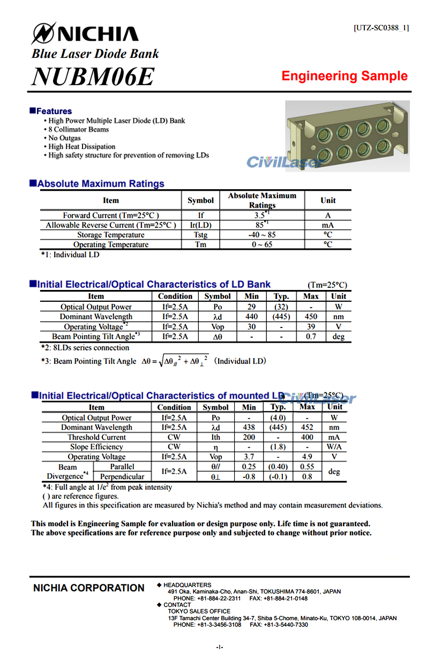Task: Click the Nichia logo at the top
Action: [x=85, y=34]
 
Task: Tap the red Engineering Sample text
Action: [x=345, y=76]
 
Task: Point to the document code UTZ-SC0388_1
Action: [x=381, y=28]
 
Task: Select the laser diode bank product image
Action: [x=347, y=136]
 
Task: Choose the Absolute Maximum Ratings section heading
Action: [x=101, y=184]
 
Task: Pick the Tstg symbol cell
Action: [x=200, y=235]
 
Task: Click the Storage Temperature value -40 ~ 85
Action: [x=261, y=235]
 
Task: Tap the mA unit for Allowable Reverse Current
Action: [x=327, y=225]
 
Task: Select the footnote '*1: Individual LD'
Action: [x=70, y=255]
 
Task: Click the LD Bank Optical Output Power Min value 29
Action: [x=251, y=307]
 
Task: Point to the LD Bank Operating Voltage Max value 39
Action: [x=311, y=326]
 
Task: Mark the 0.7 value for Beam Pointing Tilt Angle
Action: [x=311, y=337]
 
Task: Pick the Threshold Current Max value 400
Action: [x=307, y=437]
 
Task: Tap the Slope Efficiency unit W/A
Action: [x=334, y=447]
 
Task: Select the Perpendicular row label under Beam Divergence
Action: [x=122, y=477]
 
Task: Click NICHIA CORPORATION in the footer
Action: [x=89, y=588]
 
